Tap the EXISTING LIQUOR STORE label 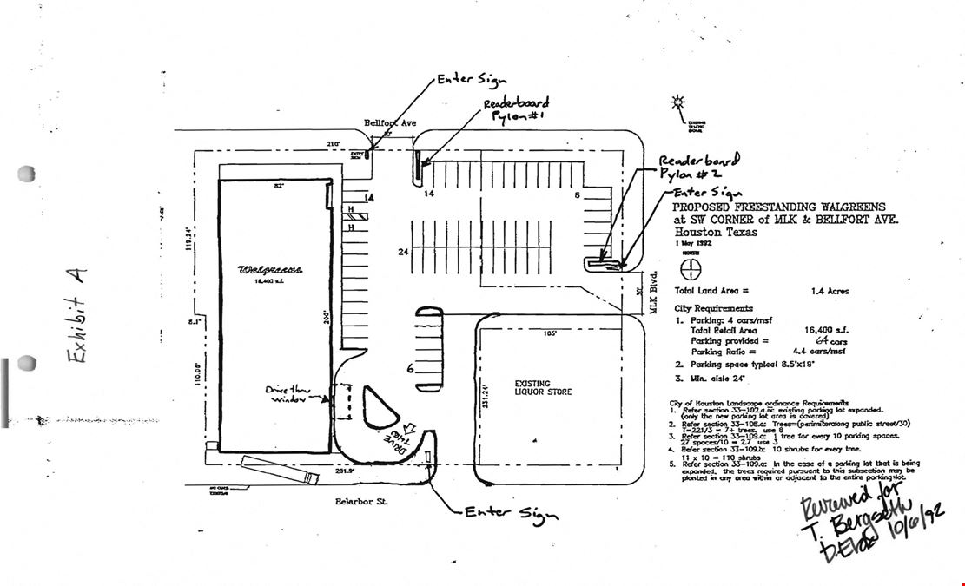[543, 387]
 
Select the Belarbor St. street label [360, 501]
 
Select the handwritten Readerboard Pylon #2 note [698, 168]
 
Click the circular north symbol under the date [691, 268]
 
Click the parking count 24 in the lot [403, 253]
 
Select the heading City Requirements [713, 308]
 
